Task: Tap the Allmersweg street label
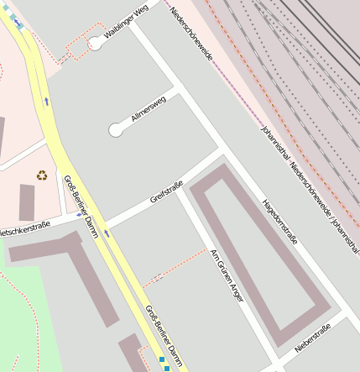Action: (x=149, y=110)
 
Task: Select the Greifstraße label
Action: (x=166, y=196)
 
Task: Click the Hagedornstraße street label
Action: (x=279, y=223)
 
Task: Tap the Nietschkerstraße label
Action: (x=23, y=228)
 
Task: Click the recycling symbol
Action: (x=42, y=175)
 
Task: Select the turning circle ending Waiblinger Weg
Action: (x=97, y=44)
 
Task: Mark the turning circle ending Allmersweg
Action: (x=116, y=130)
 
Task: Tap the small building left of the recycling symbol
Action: (x=27, y=202)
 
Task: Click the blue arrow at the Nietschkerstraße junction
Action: (x=80, y=215)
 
